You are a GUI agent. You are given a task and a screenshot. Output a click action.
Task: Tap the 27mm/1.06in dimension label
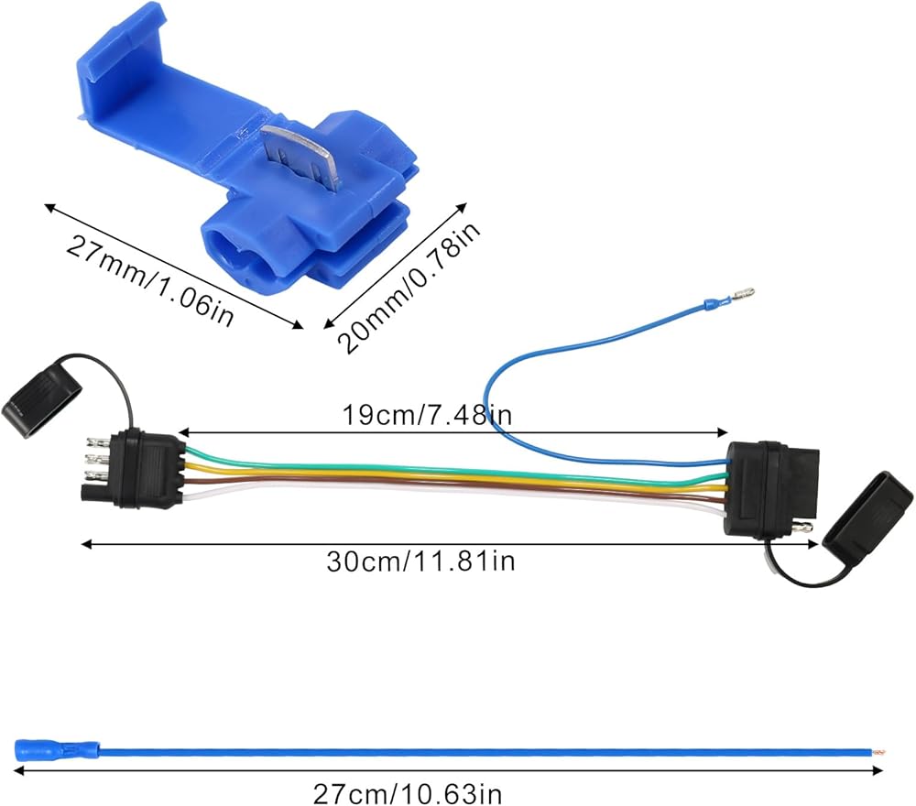[x=149, y=281]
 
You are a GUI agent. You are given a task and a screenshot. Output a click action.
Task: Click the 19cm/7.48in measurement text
[x=427, y=415]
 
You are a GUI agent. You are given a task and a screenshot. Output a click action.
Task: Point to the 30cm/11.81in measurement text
[x=420, y=561]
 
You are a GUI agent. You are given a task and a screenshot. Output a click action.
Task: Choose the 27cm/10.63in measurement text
[x=408, y=794]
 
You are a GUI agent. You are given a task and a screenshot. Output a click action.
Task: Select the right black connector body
[x=770, y=488]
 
